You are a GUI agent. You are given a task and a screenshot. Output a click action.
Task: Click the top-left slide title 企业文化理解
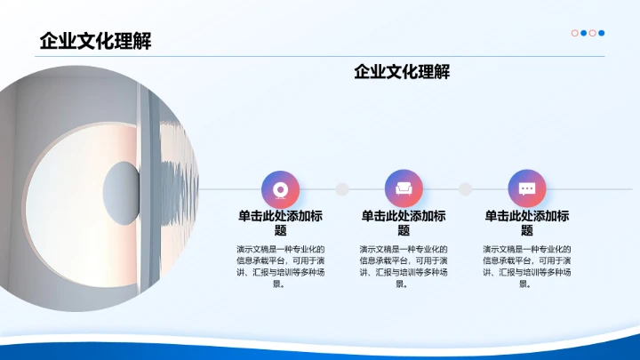(95, 41)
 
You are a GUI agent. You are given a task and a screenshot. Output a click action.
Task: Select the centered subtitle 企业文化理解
(402, 71)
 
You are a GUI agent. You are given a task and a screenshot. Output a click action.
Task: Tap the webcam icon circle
(280, 188)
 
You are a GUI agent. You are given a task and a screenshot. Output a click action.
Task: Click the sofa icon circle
(404, 188)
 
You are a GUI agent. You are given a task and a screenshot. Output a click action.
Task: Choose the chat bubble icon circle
(527, 188)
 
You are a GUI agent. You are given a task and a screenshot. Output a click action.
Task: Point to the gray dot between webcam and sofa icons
(341, 188)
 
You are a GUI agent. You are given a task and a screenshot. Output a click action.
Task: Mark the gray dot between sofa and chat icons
(465, 188)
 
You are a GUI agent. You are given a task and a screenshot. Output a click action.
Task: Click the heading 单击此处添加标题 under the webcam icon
(280, 223)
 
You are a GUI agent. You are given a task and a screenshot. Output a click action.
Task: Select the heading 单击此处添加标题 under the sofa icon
(404, 223)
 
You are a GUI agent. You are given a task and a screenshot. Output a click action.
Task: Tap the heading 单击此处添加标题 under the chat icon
(527, 223)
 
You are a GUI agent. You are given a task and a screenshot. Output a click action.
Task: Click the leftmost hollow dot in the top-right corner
(574, 33)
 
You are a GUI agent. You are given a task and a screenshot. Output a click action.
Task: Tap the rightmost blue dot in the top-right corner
(602, 33)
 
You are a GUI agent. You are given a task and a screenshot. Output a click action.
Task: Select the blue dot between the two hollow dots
(583, 33)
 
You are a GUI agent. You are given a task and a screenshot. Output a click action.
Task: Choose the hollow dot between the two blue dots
(593, 33)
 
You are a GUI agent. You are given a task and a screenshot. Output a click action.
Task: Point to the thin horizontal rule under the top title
(320, 57)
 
